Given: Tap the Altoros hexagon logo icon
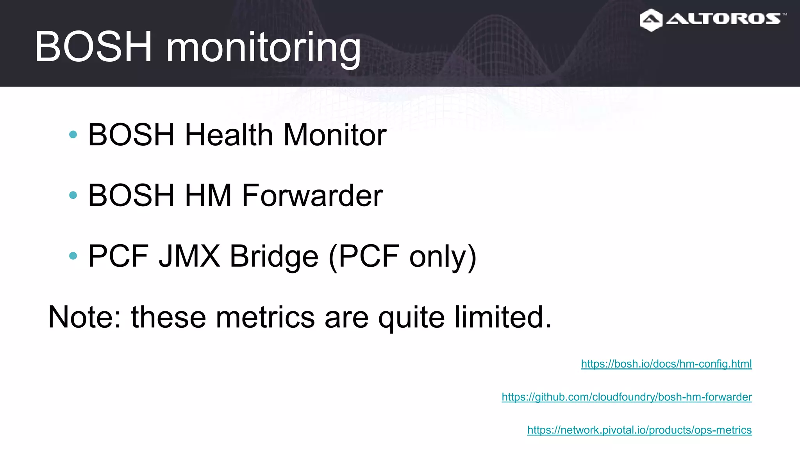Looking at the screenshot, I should [x=651, y=20].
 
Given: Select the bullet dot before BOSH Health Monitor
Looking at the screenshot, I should [x=73, y=135].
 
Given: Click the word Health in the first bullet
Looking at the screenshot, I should [x=229, y=135].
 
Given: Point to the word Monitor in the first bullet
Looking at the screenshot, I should [x=335, y=135].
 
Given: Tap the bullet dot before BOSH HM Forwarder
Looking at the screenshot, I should [x=73, y=195].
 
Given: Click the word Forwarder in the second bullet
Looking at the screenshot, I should [x=312, y=195].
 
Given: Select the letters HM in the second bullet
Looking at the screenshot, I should [x=208, y=195].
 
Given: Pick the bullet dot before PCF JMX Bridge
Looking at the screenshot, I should [x=73, y=256].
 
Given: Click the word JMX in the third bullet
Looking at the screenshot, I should [x=189, y=256].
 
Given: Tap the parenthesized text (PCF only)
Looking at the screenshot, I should [x=402, y=257].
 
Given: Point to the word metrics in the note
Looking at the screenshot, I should [x=265, y=317].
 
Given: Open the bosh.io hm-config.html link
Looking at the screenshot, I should [x=666, y=364].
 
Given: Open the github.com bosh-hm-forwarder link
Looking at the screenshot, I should [x=627, y=397].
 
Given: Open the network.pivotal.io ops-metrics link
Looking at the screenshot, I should [x=639, y=430].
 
